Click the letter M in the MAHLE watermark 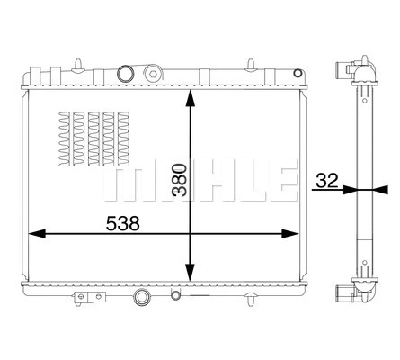[x=124, y=181]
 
